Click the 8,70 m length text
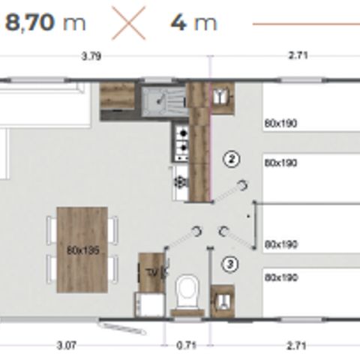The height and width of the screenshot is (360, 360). coord(44,22)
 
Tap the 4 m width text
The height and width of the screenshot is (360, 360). coord(193,22)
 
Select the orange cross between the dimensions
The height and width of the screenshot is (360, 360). coord(128,22)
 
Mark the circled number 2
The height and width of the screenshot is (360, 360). coord(232,158)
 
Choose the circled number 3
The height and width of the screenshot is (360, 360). coord(231,263)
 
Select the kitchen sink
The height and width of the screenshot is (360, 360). coord(160,100)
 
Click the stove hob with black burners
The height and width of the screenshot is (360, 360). coord(181,142)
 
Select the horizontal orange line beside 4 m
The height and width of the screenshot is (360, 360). coord(304,23)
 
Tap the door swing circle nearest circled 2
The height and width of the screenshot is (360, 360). coord(242,184)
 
